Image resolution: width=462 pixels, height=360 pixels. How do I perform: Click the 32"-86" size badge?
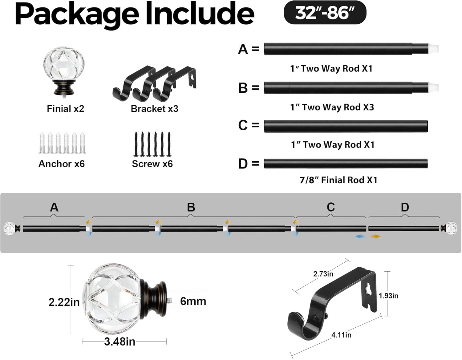click(325, 13)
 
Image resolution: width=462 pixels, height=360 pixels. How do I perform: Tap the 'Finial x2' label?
click(65, 109)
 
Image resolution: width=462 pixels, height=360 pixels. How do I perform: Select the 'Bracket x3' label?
click(154, 109)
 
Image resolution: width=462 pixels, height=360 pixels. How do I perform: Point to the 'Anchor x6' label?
click(61, 164)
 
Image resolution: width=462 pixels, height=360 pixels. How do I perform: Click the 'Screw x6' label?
click(152, 164)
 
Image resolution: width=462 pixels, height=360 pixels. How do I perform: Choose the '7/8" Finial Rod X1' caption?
click(338, 180)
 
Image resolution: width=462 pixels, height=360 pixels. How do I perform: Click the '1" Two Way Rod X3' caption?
click(332, 107)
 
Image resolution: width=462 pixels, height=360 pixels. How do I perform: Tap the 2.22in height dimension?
click(64, 302)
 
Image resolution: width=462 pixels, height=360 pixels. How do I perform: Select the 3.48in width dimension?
click(120, 342)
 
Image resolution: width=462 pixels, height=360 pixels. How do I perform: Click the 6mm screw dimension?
click(193, 301)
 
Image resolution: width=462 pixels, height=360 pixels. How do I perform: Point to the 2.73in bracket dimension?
click(323, 274)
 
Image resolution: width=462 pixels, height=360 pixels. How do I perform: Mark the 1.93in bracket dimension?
click(388, 296)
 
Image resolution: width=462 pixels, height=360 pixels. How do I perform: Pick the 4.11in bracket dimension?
click(341, 335)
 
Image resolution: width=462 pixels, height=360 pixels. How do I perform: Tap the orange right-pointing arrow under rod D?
click(376, 237)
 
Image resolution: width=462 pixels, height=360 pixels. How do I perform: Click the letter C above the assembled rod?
click(330, 207)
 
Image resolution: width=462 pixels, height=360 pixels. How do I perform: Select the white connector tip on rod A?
click(434, 49)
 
